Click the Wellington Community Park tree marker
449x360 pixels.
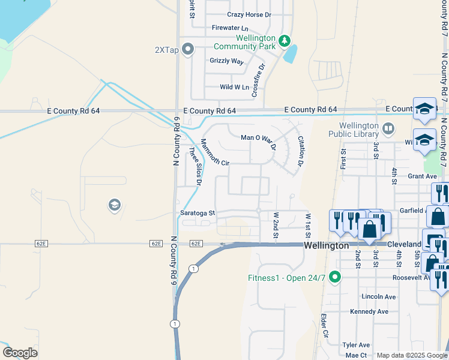click(285, 41)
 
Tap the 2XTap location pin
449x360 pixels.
click(188, 49)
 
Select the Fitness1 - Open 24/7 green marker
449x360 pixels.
click(336, 277)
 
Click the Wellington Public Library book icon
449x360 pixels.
click(388, 128)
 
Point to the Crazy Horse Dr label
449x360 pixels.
click(249, 14)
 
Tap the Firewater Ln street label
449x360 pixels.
click(230, 28)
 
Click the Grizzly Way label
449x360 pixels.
click(226, 61)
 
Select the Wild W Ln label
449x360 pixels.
click(234, 87)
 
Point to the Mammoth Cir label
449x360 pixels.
click(215, 152)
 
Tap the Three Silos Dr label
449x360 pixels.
click(194, 166)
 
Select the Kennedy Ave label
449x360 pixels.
click(369, 311)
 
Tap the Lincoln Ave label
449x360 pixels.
click(379, 296)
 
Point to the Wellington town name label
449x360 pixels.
click(327, 245)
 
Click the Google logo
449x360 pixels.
click(20, 353)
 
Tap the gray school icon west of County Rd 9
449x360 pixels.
click(113, 206)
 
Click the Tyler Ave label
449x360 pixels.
click(356, 345)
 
